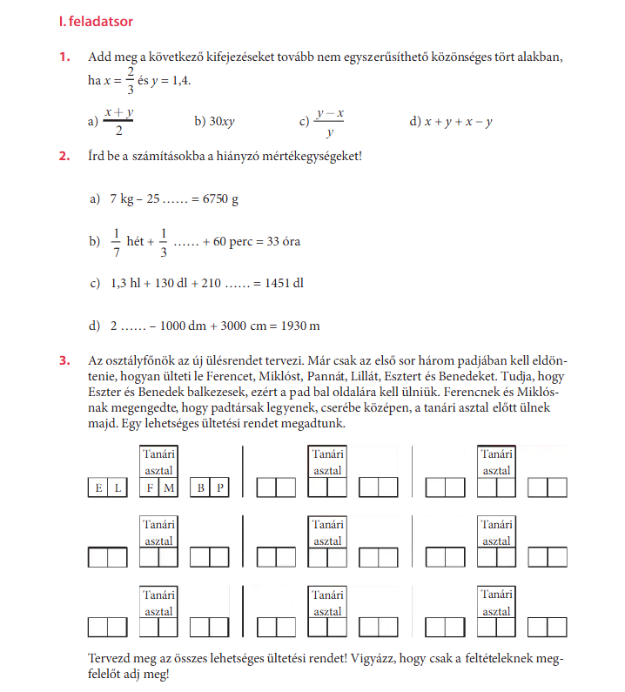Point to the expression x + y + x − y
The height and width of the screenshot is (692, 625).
(459, 122)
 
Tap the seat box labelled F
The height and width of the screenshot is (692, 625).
(150, 487)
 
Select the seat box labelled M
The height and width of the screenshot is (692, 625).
(169, 487)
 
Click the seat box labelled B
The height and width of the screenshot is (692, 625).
(201, 487)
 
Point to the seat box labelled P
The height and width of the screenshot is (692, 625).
(220, 487)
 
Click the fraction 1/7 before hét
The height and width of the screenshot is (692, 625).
(115, 241)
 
